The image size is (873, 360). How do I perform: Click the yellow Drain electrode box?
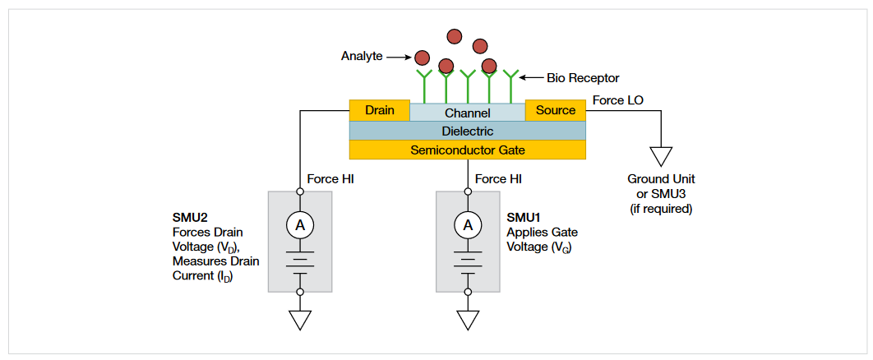379,110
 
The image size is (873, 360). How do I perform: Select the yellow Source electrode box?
556,110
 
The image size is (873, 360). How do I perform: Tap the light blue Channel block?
467,113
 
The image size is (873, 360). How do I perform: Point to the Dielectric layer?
467,131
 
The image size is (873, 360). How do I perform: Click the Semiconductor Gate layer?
467,150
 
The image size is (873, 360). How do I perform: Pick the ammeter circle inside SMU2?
300,224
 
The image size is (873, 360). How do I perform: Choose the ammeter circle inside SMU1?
468,224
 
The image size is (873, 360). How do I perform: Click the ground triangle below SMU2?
300,320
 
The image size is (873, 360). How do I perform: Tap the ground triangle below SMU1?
468,320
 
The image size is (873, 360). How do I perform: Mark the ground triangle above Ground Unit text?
661,155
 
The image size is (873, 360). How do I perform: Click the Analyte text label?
361,57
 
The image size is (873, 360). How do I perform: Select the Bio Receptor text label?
582,78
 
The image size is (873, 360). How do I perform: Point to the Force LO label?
618,100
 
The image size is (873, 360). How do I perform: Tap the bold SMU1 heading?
524,218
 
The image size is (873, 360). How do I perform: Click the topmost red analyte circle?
455,36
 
